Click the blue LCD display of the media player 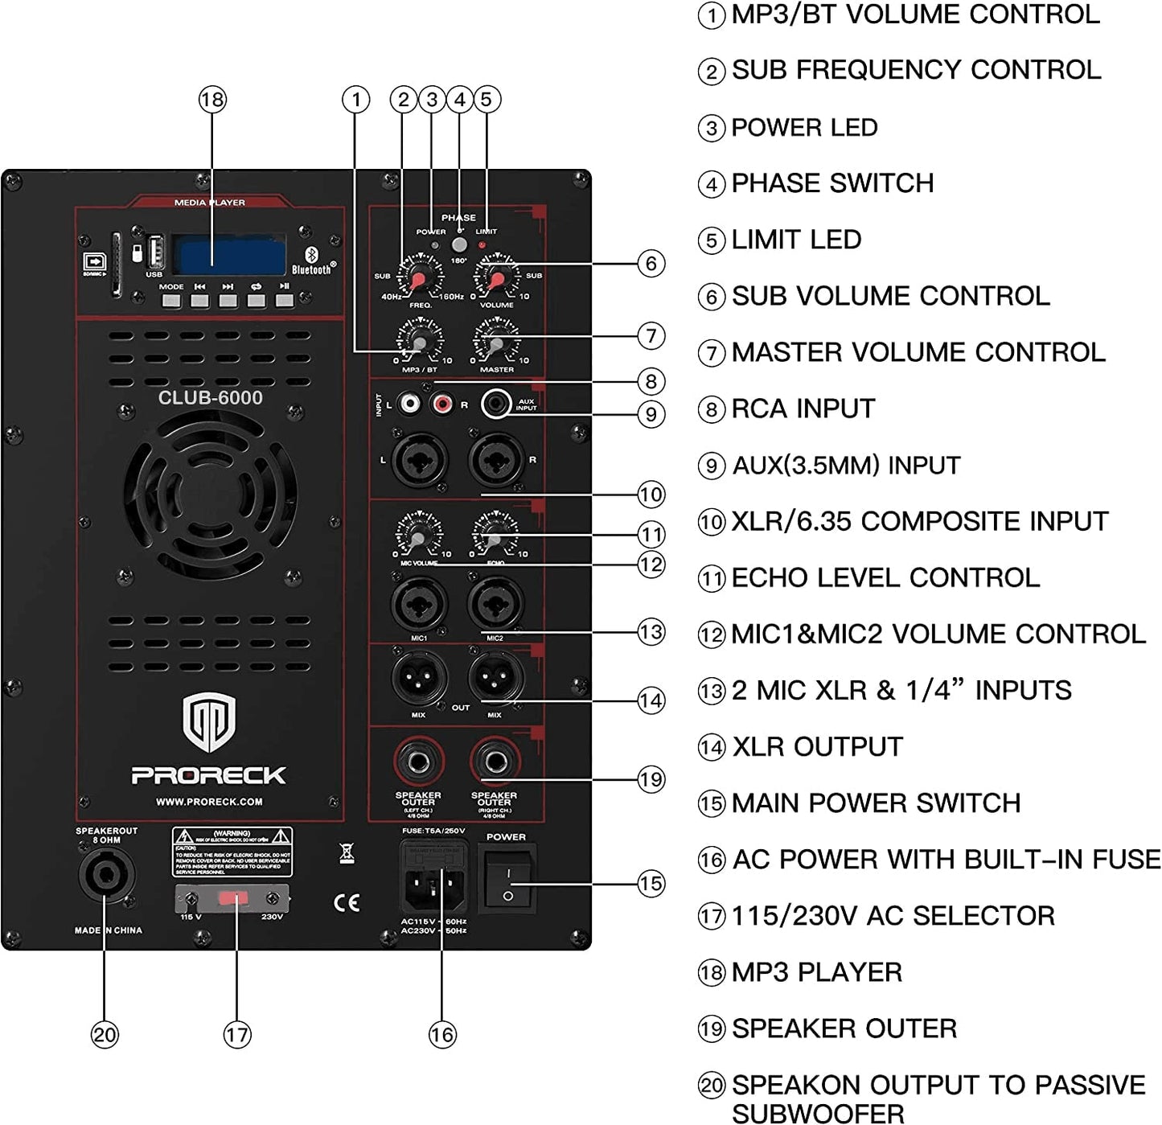tap(232, 256)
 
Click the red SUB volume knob tap(496, 277)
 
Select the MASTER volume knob tap(496, 344)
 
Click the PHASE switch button tap(459, 245)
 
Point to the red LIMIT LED tap(482, 244)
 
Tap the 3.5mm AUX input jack tap(496, 404)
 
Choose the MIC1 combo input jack tap(419, 605)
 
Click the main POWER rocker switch tap(507, 883)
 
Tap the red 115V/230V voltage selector tap(232, 898)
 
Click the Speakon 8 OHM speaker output tap(106, 876)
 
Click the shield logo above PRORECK tap(209, 722)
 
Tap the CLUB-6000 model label tap(210, 397)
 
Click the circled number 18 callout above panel tap(212, 100)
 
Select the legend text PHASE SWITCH tap(832, 183)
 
